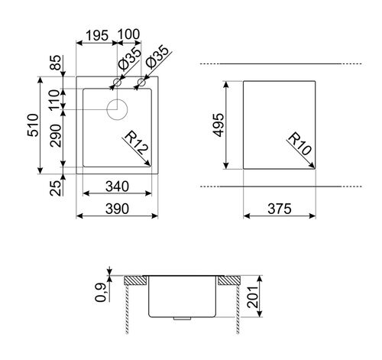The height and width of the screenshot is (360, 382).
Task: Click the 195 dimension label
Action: [97, 36]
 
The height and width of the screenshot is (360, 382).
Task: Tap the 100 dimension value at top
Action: [129, 34]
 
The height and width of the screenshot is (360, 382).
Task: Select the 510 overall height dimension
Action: [34, 125]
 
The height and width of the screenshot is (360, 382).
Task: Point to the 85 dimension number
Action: [56, 63]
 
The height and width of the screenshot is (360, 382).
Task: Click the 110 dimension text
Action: [55, 100]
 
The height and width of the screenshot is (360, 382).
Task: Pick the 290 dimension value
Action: [56, 136]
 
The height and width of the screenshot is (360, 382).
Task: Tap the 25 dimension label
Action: [56, 188]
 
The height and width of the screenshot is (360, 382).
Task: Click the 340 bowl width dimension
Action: [117, 186]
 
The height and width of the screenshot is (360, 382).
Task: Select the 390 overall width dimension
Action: [117, 209]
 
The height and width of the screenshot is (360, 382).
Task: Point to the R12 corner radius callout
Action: [135, 143]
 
